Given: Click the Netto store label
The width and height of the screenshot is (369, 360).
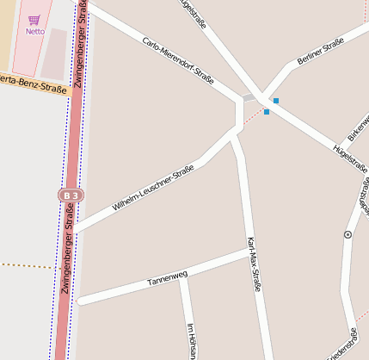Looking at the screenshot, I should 34,31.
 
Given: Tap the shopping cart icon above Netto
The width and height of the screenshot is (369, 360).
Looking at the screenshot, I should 34,20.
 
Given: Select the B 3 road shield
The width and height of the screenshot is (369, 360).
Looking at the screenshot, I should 71,196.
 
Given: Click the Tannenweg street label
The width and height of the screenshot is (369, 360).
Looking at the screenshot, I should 167,278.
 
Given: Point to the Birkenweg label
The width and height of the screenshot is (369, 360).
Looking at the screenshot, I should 358,128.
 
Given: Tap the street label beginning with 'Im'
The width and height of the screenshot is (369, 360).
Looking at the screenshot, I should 192,340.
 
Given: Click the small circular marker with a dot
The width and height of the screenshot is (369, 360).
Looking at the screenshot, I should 347,234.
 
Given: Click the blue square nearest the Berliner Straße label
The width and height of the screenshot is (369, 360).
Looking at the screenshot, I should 275,101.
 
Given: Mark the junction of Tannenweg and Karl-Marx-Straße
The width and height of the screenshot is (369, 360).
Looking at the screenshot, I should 247,253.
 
